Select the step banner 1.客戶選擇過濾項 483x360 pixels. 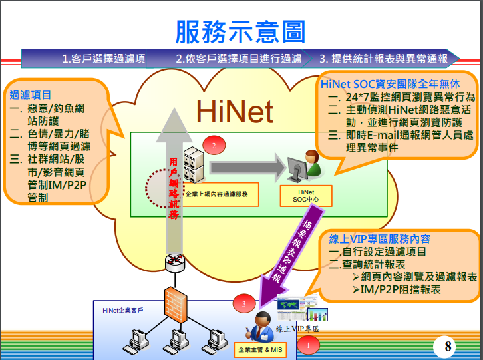click(x=104, y=59)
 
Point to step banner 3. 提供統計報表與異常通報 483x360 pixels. click(x=383, y=59)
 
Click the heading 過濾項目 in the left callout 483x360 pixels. click(x=31, y=95)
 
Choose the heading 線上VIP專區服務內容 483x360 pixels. click(x=380, y=239)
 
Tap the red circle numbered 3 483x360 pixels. click(x=244, y=304)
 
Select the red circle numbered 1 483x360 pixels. click(x=308, y=345)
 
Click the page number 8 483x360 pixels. click(x=448, y=346)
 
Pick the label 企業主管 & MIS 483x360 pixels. click(x=259, y=349)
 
